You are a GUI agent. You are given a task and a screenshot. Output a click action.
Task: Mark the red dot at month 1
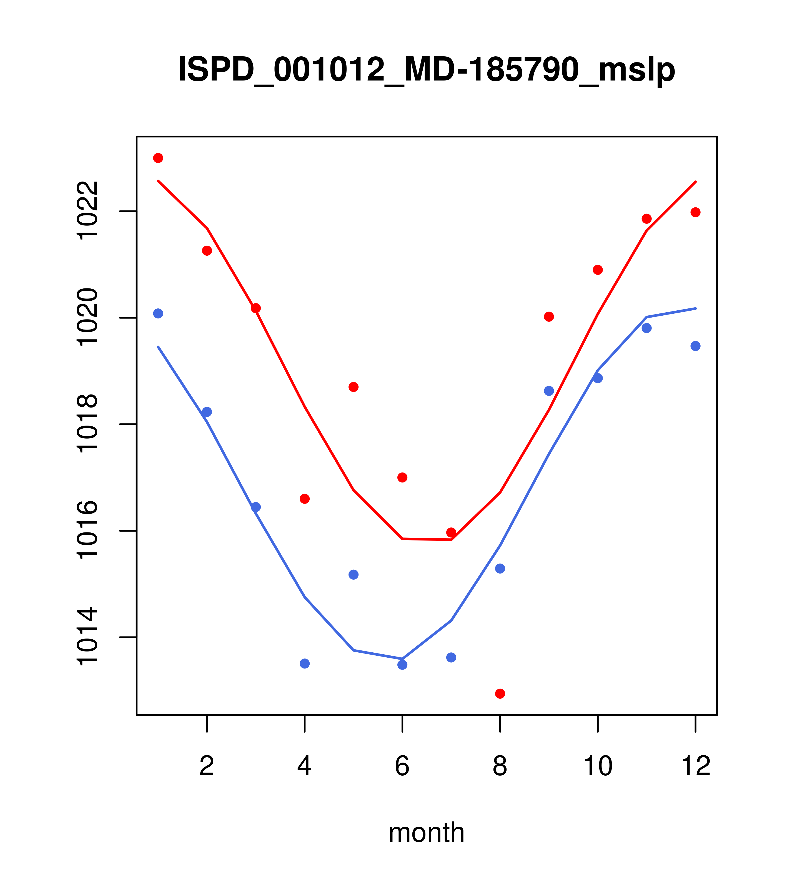point(158,158)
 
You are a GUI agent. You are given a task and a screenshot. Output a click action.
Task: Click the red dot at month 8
point(500,694)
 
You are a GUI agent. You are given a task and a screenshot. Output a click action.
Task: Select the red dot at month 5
point(354,387)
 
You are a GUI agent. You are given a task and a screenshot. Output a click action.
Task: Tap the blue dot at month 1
point(158,313)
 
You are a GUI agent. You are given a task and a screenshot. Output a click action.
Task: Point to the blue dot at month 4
point(304,663)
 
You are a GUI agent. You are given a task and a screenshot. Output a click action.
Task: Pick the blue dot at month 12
point(695,346)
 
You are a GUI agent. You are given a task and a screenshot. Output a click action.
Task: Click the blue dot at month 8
point(500,569)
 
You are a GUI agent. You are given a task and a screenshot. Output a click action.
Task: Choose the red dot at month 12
point(695,212)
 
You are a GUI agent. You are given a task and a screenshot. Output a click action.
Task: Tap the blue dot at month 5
point(354,575)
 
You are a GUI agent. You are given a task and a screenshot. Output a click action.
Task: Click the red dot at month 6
point(402,477)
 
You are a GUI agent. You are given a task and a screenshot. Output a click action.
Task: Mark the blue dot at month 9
point(549,391)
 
